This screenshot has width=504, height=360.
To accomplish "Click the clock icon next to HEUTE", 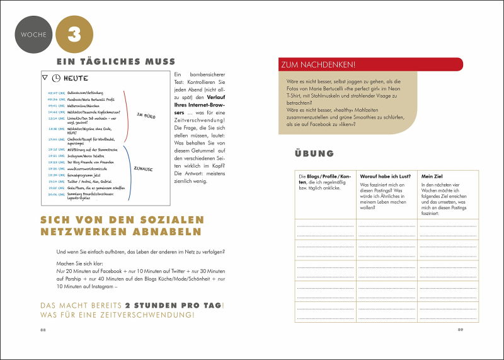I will point(55,78).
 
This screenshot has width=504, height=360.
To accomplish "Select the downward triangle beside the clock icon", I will point(44,78).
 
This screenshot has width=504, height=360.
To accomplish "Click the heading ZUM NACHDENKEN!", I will point(320,64).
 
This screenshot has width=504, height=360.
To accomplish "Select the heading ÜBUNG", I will point(314,153).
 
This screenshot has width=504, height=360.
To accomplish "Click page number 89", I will point(460,329).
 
